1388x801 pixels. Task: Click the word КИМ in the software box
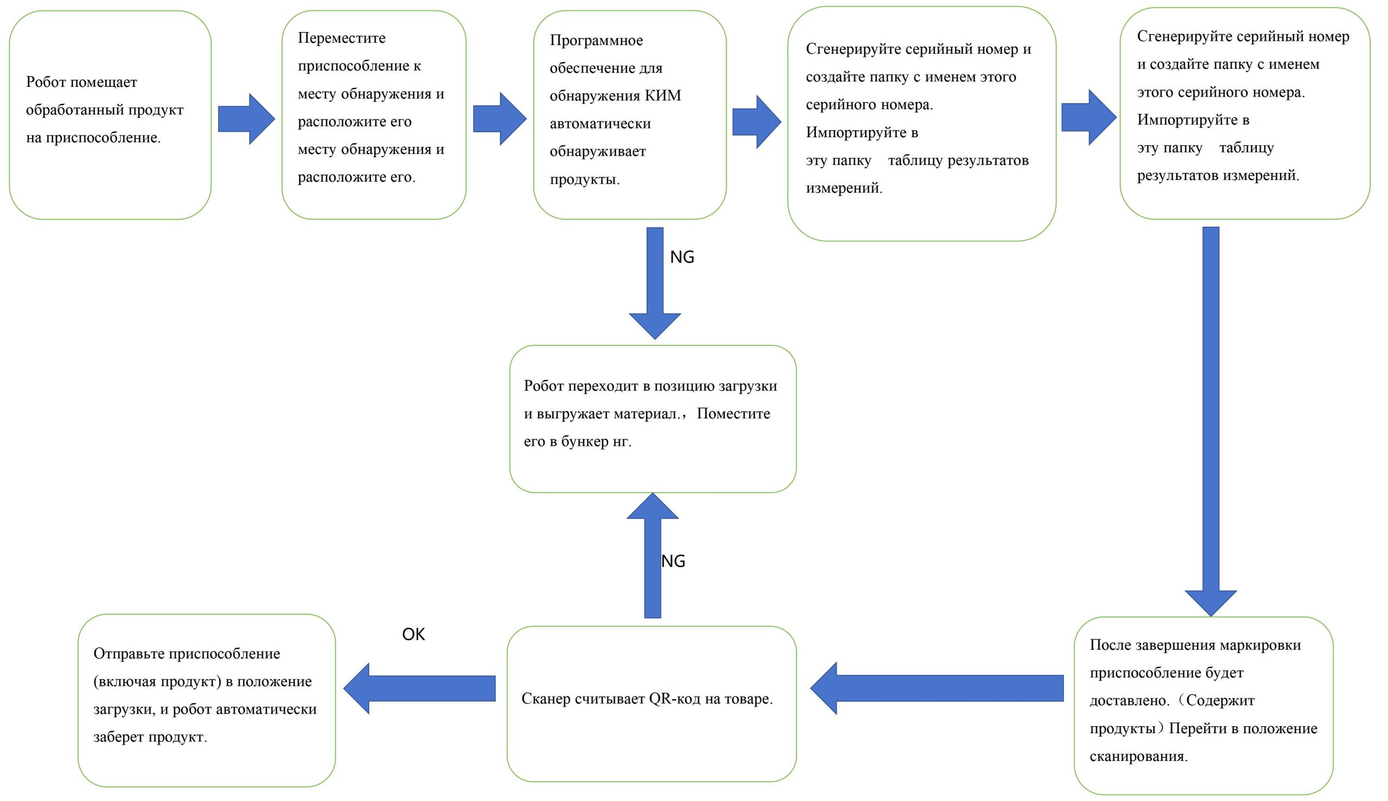(x=663, y=96)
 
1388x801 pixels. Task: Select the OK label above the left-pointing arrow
(x=414, y=635)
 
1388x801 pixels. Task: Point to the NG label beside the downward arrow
(x=682, y=257)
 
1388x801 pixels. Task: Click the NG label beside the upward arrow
(x=673, y=561)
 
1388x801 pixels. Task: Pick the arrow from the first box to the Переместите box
(x=246, y=119)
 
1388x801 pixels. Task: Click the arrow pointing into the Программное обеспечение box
(x=499, y=119)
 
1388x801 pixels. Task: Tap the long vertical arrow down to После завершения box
(x=1210, y=418)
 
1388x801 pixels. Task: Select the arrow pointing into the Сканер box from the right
(x=935, y=688)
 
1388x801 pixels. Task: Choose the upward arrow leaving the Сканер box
(x=653, y=556)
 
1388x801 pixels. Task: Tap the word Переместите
(x=342, y=38)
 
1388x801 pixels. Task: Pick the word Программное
(x=596, y=40)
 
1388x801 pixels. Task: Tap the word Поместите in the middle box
(x=733, y=414)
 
